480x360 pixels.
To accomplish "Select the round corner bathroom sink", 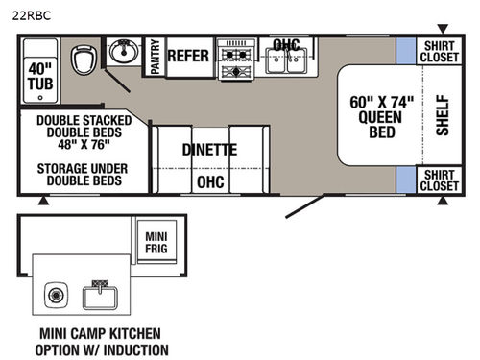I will pyautogui.click(x=123, y=53).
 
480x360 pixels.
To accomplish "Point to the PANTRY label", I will pyautogui.click(x=155, y=57).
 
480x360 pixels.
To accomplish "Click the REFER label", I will pyautogui.click(x=188, y=56).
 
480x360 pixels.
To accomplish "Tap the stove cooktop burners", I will pyautogui.click(x=234, y=57).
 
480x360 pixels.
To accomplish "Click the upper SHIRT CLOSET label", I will pyautogui.click(x=440, y=51).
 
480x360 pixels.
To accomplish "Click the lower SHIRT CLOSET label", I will pyautogui.click(x=440, y=179).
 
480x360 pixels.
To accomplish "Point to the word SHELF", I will pyautogui.click(x=442, y=114).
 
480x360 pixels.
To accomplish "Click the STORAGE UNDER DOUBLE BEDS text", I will pyautogui.click(x=83, y=174).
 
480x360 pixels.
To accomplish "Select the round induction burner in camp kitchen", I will pyautogui.click(x=55, y=293).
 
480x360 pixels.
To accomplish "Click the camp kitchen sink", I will pyautogui.click(x=100, y=292).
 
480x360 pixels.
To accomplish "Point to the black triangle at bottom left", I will pyautogui.click(x=43, y=202).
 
